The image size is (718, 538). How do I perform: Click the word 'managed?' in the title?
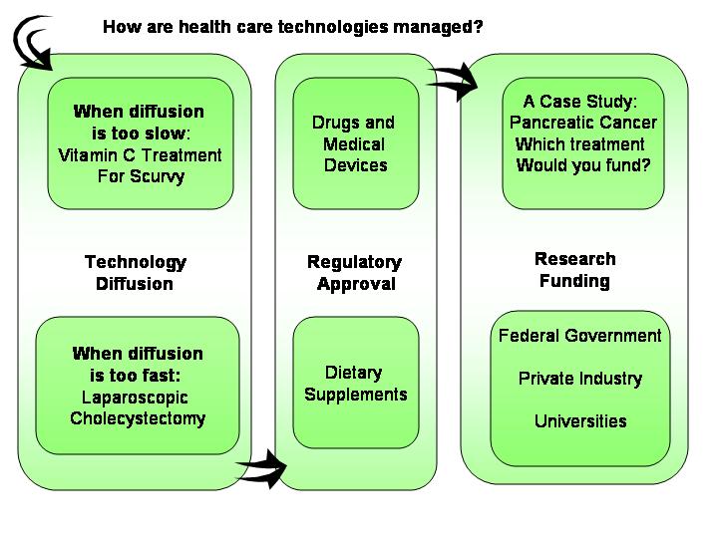tap(438, 27)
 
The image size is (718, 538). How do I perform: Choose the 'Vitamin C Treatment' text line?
tap(141, 155)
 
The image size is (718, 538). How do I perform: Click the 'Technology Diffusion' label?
tap(135, 273)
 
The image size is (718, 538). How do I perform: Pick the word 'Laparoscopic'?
tap(135, 398)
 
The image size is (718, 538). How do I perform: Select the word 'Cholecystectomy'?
tap(138, 418)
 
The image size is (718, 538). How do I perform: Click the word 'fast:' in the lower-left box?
tap(161, 376)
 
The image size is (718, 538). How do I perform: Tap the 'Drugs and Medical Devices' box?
tap(356, 143)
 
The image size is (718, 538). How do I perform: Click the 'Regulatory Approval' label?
tap(355, 273)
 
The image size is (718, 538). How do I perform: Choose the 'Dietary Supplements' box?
tap(356, 383)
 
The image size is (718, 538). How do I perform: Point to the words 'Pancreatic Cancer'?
tap(583, 123)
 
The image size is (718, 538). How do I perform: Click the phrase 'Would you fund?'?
tap(583, 165)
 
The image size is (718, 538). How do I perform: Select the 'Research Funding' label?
tap(574, 270)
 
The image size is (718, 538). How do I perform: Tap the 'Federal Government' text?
tap(579, 336)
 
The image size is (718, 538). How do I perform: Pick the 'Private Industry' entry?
tap(580, 379)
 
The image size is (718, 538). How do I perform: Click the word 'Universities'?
tap(580, 421)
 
